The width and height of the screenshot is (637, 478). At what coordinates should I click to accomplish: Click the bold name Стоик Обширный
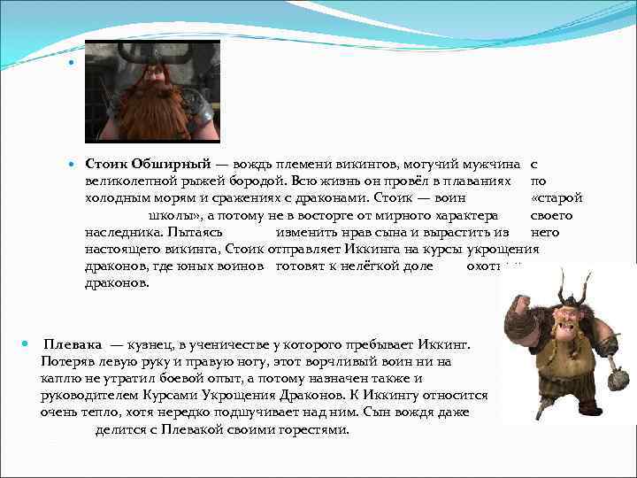(x=147, y=165)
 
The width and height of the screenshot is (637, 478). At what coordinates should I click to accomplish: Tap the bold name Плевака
(x=73, y=343)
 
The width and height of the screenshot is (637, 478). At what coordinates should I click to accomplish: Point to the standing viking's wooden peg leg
(x=541, y=405)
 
